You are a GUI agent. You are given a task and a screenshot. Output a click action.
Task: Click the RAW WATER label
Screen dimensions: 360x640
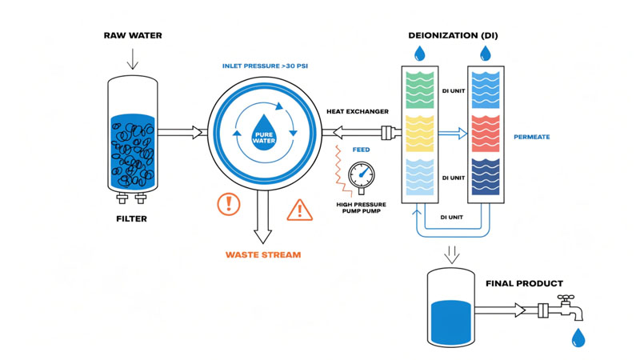tap(133, 35)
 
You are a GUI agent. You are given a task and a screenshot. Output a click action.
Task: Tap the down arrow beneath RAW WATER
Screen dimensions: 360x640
tap(133, 59)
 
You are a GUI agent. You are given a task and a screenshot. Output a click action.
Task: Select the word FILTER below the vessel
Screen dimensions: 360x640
tap(132, 218)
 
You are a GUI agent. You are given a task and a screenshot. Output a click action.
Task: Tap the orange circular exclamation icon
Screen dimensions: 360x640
tap(229, 204)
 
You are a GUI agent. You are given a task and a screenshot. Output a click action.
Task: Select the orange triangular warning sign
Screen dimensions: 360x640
tap(299, 210)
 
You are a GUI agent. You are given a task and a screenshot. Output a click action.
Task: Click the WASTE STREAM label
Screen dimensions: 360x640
tap(263, 254)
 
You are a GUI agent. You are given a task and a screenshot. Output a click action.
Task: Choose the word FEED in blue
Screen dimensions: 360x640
tap(362, 150)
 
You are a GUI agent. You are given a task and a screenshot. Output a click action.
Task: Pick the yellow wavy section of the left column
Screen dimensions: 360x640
tap(419, 133)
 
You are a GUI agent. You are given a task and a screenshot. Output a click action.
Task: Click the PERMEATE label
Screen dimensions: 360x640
tap(532, 137)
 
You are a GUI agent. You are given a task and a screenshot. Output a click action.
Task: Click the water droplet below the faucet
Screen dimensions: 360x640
tap(578, 338)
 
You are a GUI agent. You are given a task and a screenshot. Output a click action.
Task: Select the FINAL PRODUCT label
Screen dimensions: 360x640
tap(524, 283)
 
